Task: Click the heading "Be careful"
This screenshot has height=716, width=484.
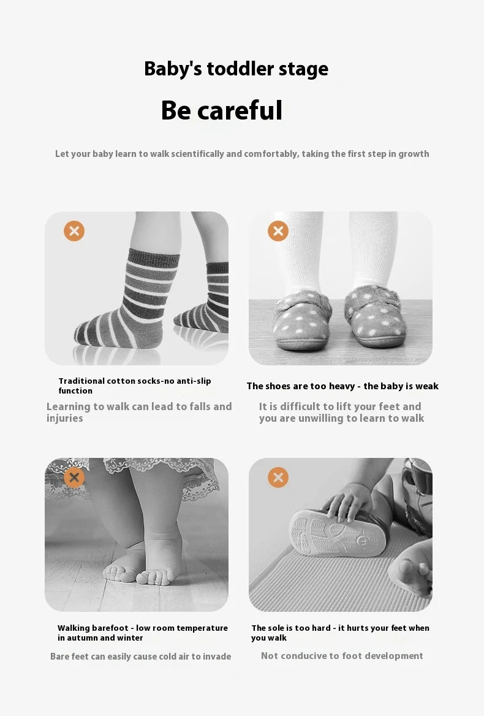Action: (222, 110)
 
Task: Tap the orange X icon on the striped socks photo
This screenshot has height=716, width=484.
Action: (74, 231)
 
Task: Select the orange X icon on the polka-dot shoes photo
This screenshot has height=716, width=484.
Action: (278, 231)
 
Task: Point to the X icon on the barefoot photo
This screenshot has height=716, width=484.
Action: (74, 478)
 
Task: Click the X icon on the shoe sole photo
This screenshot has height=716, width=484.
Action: (278, 478)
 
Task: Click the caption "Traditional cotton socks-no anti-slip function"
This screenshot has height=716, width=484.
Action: (135, 386)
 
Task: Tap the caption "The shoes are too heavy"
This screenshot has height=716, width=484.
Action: (300, 386)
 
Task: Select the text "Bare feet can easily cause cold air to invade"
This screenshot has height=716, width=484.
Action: (140, 656)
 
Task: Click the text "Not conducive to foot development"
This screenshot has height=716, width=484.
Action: (342, 656)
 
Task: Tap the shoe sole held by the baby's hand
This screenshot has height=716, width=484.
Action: (337, 533)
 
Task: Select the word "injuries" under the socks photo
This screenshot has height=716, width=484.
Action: (65, 418)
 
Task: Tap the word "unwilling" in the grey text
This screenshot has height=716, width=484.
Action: (320, 418)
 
